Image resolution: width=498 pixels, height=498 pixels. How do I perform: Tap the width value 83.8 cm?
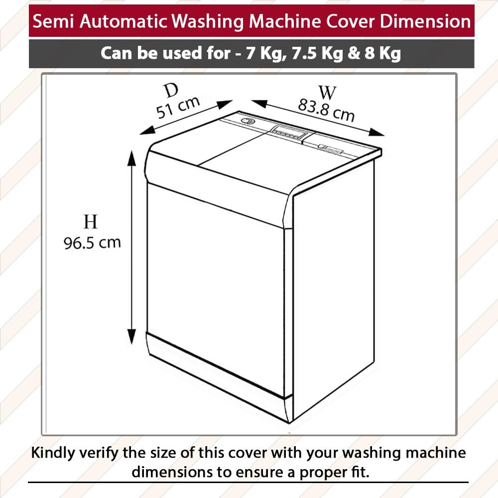(x=326, y=110)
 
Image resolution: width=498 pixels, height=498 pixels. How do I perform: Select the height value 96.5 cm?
(x=92, y=243)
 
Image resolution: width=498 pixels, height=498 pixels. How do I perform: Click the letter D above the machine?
(x=171, y=90)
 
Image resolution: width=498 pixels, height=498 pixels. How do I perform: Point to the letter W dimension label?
(x=328, y=93)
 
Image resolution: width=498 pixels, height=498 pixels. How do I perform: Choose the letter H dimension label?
(x=91, y=222)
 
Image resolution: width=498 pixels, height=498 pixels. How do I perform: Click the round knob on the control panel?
(x=248, y=121)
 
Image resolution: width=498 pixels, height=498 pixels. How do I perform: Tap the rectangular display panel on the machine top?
(x=289, y=132)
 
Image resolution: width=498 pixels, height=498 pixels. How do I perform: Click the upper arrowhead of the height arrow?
(x=132, y=158)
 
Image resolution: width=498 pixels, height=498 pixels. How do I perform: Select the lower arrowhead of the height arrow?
(x=131, y=336)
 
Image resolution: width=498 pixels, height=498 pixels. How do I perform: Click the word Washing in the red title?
(x=207, y=21)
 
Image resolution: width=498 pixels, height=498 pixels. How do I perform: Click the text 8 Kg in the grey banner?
(x=382, y=53)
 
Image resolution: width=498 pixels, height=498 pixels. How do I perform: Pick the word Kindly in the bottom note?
(x=53, y=453)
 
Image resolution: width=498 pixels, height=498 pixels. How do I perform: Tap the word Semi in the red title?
(x=53, y=21)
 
